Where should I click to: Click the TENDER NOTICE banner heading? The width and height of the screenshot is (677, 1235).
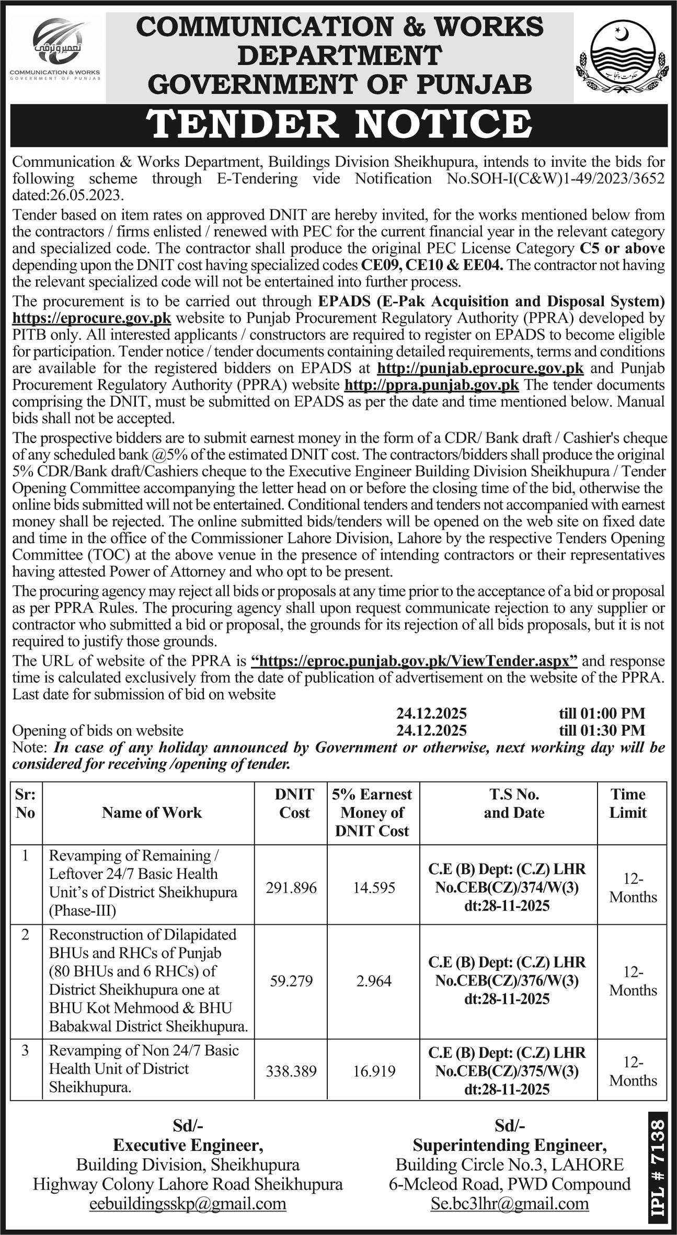pos(339,124)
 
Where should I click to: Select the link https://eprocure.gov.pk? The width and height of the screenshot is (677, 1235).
pos(92,318)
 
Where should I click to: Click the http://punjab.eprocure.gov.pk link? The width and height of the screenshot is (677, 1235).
pos(480,368)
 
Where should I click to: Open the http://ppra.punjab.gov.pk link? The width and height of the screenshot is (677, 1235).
pos(432,385)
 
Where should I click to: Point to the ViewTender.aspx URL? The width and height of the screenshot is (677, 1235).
pos(414,661)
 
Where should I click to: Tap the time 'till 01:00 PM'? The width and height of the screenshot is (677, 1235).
pos(602,713)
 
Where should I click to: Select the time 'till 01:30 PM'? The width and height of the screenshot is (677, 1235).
pos(602,730)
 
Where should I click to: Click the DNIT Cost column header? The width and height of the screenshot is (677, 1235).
pos(294,803)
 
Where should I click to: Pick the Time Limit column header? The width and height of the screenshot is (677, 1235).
pos(628,803)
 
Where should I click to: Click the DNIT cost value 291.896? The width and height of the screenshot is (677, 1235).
pos(291,888)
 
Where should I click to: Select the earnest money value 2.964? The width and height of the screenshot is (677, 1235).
pos(374,981)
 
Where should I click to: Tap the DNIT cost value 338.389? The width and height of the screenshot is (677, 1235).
pos(291,1071)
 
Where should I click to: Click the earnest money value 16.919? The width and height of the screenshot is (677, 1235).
pos(374,1071)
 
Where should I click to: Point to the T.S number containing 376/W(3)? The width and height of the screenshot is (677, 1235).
pos(507,981)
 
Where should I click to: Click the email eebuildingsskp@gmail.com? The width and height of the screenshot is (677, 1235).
pos(188,1204)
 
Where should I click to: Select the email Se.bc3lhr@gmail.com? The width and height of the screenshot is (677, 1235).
pos(510,1204)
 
